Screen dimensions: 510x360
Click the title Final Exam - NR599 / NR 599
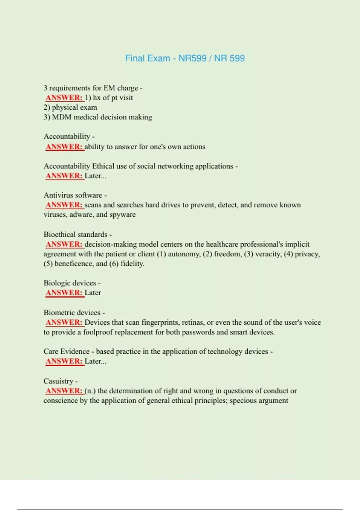coord(185,58)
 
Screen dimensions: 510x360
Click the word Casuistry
coord(58,381)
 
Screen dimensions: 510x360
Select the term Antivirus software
coord(73,195)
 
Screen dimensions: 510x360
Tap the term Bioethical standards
coord(75,235)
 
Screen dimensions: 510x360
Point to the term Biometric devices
coord(72,313)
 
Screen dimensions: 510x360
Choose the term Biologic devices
coord(70,283)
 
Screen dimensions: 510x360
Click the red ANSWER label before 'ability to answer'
coord(64,147)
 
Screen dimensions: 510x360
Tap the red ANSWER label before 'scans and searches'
coord(64,205)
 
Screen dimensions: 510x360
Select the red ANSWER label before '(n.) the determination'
coord(64,391)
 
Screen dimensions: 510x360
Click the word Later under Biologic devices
coord(93,293)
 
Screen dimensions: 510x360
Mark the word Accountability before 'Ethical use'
coord(67,166)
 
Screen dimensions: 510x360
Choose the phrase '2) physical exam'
coord(70,107)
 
